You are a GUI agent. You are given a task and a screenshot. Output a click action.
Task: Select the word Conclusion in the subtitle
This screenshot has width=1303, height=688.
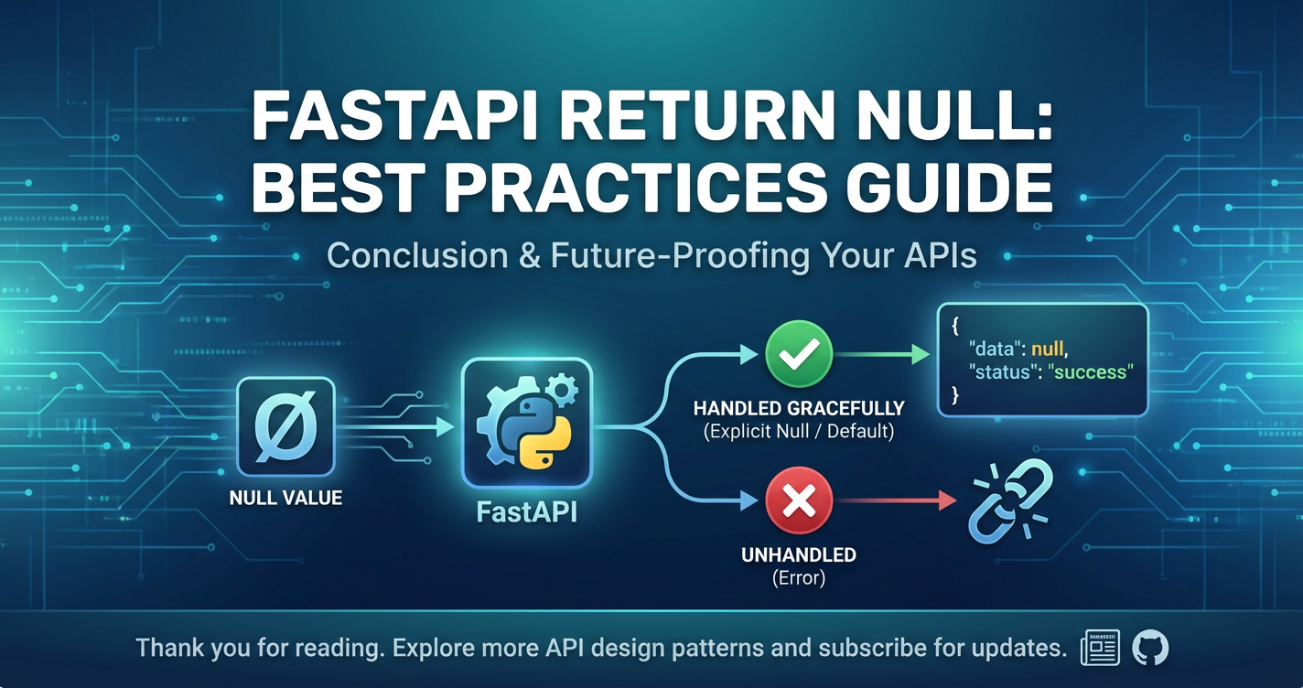tap(417, 255)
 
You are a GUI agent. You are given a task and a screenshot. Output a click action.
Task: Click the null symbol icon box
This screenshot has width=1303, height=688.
tap(285, 426)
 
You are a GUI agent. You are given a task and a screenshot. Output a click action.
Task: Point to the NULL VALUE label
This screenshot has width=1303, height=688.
tap(285, 498)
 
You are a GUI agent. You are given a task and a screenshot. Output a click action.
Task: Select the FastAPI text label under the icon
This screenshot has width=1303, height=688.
tap(526, 512)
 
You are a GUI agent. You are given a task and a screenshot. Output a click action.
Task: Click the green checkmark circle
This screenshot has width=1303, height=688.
tap(799, 353)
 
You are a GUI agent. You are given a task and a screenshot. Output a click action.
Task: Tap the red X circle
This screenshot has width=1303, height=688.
tap(799, 500)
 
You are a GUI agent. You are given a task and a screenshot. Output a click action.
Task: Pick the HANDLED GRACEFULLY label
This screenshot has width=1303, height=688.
tap(799, 408)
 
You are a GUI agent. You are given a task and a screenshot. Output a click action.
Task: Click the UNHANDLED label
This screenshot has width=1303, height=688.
tap(799, 554)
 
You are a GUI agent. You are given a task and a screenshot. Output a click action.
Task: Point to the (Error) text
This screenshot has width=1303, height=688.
tap(799, 578)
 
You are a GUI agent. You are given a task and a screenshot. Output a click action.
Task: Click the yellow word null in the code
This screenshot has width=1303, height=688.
tap(1048, 349)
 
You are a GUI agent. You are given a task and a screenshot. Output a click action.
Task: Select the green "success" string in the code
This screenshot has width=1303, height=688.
tap(1091, 371)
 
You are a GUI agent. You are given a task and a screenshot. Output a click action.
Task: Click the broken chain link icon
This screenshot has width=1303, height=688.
tap(1011, 500)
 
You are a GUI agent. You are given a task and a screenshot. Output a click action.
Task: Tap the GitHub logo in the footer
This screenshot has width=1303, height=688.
tap(1150, 648)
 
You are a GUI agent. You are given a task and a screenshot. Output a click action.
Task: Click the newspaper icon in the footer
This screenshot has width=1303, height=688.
tap(1100, 648)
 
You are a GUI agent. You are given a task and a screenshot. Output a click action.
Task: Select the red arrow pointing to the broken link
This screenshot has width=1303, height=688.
tap(896, 500)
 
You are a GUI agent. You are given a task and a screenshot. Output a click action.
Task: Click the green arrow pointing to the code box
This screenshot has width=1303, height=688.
tap(882, 353)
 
